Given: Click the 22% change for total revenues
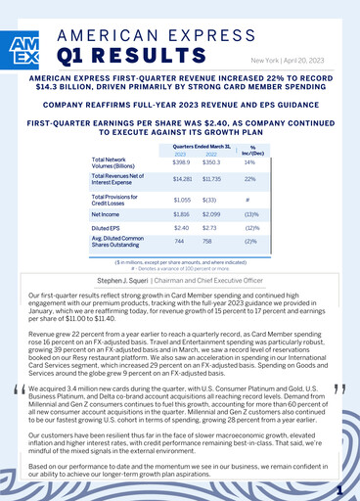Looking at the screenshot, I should [x=250, y=180].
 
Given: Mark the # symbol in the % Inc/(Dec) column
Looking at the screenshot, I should [x=250, y=198].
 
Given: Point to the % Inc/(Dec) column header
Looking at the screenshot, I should [x=250, y=150].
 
